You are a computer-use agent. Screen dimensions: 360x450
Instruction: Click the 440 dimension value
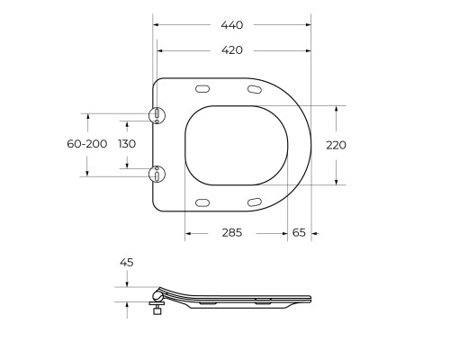231,25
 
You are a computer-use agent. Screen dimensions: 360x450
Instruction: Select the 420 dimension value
231,50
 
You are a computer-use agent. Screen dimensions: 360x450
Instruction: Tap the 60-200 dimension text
87,144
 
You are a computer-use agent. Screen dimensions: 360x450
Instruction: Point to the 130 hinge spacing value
127,144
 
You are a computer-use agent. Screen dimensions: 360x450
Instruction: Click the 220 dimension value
336,144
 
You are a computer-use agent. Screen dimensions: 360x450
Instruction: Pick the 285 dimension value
231,232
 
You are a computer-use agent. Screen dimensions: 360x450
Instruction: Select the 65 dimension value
299,232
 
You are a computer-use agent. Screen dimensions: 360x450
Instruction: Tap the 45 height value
127,262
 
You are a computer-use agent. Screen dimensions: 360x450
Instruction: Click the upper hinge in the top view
157,114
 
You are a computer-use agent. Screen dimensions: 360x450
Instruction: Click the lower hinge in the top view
157,174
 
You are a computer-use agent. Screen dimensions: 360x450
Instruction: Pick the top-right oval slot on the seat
255,89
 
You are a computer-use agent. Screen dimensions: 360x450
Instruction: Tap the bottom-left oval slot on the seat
202,200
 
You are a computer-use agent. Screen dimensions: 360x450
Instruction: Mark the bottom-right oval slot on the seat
255,200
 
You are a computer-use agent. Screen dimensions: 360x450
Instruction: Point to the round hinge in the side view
159,295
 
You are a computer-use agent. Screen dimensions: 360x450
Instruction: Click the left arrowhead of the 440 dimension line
156,25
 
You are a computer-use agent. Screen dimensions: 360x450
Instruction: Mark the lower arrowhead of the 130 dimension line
127,174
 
